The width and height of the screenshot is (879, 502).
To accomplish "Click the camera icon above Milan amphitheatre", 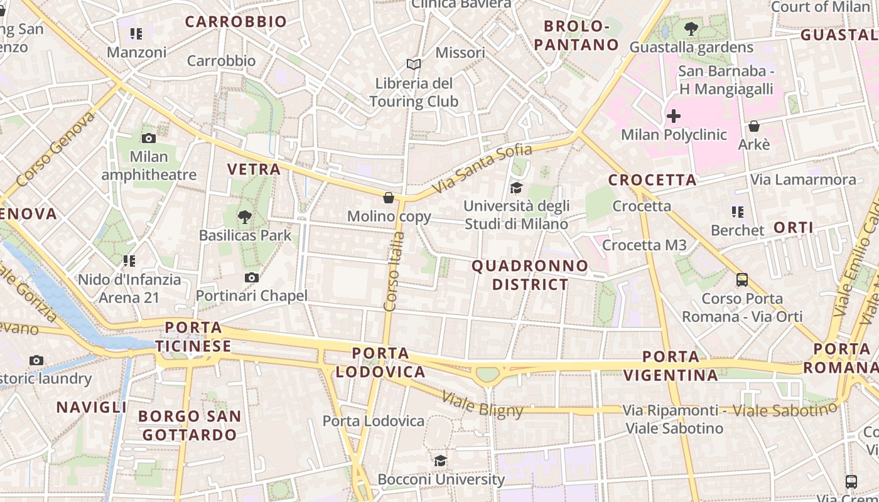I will click(149, 138).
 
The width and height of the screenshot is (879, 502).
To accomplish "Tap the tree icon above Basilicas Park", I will click(244, 217).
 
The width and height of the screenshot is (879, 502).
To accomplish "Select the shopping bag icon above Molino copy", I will click(389, 198).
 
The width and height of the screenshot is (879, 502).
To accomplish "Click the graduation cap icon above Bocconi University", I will click(440, 461).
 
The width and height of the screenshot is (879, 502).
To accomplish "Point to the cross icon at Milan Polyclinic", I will click(673, 116).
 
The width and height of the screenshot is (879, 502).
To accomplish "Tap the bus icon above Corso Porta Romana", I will click(741, 280).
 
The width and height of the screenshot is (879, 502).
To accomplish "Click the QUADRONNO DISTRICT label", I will click(530, 275).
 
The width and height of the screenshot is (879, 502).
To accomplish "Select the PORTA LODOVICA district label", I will click(380, 362).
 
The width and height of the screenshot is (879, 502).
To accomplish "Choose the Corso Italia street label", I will click(394, 271).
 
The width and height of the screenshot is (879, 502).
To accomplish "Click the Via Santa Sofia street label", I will click(482, 168).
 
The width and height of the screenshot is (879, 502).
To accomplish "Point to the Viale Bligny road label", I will click(482, 404).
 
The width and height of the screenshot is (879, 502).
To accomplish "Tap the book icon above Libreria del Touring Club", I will click(413, 64).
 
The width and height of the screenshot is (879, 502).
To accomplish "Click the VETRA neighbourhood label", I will click(254, 169).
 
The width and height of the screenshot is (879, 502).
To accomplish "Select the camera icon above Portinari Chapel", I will click(251, 277).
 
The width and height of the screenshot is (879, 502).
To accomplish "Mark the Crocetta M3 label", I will click(644, 245).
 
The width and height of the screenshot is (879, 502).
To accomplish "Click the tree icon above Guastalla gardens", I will click(691, 28).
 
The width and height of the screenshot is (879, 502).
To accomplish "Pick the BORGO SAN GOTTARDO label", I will click(190, 425).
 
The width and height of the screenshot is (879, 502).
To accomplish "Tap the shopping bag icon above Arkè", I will click(753, 126).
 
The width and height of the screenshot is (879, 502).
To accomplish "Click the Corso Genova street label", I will click(55, 149).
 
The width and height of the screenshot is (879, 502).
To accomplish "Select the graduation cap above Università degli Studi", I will click(516, 188).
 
